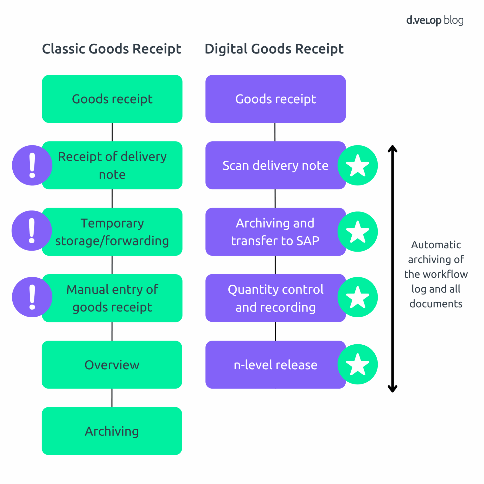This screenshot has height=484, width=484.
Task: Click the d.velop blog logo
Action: pyautogui.click(x=434, y=20)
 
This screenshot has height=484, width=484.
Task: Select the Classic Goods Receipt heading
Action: pyautogui.click(x=111, y=49)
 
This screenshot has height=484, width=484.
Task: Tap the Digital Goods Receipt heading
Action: pyautogui.click(x=274, y=49)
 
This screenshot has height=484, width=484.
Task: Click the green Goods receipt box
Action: pyautogui.click(x=112, y=99)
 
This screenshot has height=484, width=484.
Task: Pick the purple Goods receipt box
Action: pyautogui.click(x=275, y=99)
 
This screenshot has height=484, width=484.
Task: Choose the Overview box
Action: pyautogui.click(x=112, y=365)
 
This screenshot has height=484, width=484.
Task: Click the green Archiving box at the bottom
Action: pyautogui.click(x=112, y=431)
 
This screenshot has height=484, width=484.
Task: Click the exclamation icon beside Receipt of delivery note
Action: pyautogui.click(x=32, y=165)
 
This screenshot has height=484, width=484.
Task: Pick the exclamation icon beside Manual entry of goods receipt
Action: pyautogui.click(x=32, y=297)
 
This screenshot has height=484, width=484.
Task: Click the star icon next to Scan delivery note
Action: pyautogui.click(x=357, y=165)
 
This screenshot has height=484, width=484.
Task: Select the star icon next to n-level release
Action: pyautogui.click(x=357, y=364)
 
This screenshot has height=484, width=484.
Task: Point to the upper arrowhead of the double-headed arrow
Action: pyautogui.click(x=392, y=149)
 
